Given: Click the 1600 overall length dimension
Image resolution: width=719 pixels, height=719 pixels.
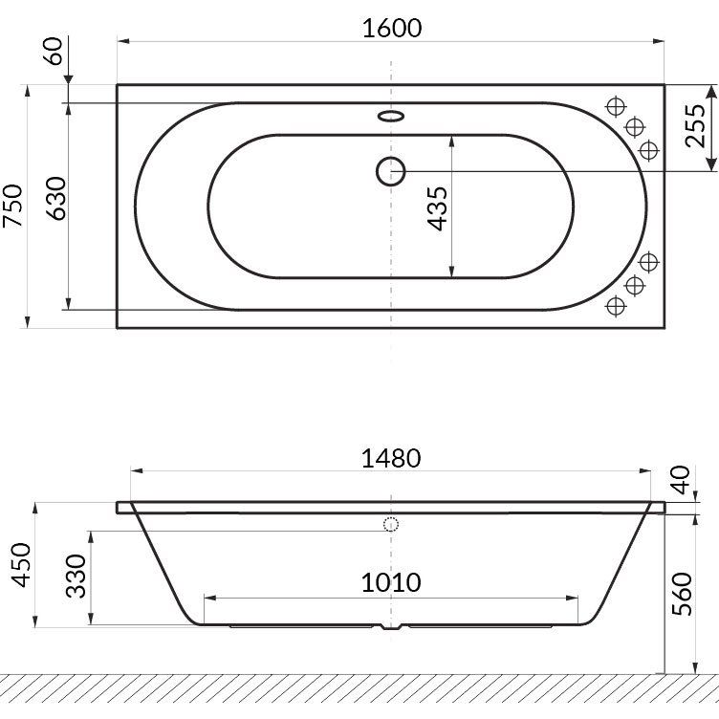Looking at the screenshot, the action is click(392, 29).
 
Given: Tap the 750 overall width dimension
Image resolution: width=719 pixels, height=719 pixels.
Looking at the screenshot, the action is click(12, 206).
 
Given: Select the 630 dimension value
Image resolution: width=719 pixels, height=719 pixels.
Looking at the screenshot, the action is click(57, 198).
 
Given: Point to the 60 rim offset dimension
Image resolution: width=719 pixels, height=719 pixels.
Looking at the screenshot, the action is click(54, 51).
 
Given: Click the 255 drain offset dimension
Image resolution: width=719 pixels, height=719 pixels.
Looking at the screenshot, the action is click(695, 125).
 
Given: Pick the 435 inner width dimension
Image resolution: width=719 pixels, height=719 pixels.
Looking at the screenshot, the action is click(437, 208).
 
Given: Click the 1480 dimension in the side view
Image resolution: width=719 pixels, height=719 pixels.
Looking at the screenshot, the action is click(391, 458).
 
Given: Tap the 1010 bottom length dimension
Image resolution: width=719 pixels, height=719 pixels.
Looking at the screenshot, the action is click(391, 582).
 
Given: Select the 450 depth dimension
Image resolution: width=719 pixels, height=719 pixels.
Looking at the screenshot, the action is click(21, 565).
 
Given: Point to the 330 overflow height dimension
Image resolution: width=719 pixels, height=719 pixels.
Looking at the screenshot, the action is click(76, 576).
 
